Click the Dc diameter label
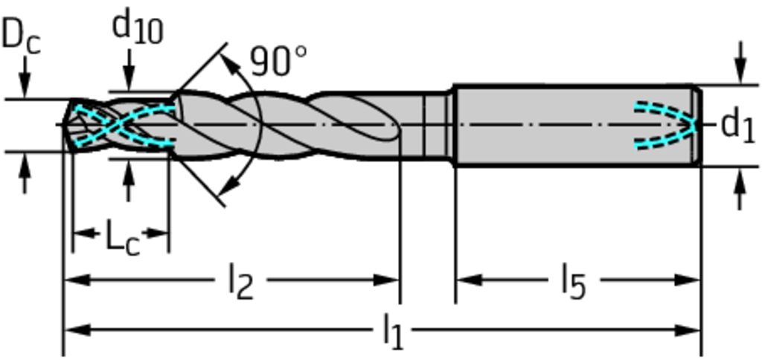point(21,37)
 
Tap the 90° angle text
point(278,61)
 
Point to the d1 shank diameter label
point(738,126)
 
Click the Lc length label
point(124,239)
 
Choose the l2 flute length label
point(241,283)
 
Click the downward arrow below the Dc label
point(25,78)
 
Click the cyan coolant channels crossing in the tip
point(114,126)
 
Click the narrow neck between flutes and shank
point(438,126)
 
